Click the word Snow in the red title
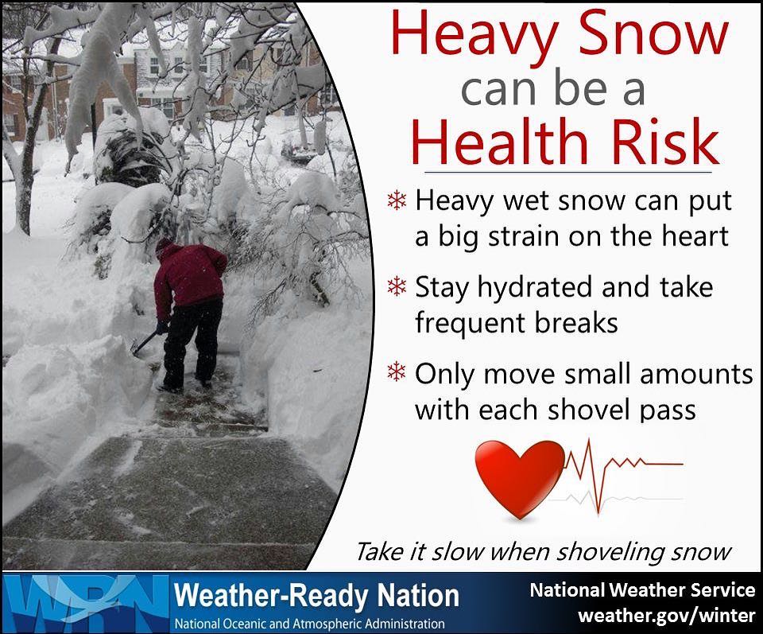652,35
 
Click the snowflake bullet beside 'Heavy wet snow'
397,200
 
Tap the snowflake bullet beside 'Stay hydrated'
397,286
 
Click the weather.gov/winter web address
666,616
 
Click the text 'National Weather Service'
642,590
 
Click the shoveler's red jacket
189,274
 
